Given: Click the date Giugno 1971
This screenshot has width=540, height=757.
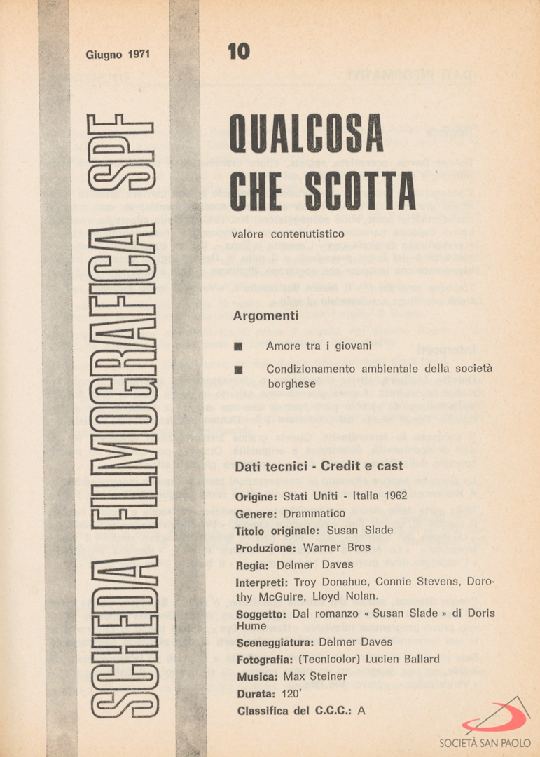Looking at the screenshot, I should point(118,54).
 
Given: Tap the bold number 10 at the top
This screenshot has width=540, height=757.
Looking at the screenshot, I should point(238,52).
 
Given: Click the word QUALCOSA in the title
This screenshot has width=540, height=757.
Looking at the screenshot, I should point(307,135).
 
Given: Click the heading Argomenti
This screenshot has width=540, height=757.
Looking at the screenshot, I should point(265,316).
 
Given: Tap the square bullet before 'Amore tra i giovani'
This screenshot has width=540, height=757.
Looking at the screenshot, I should point(239,347).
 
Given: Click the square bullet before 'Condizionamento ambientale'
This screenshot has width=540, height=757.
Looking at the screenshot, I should point(239,370).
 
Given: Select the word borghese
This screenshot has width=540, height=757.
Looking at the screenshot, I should point(291,384).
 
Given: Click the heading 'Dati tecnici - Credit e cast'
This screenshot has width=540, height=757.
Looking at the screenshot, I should point(319,466).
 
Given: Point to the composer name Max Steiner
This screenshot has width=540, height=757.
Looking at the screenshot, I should point(315,676).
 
